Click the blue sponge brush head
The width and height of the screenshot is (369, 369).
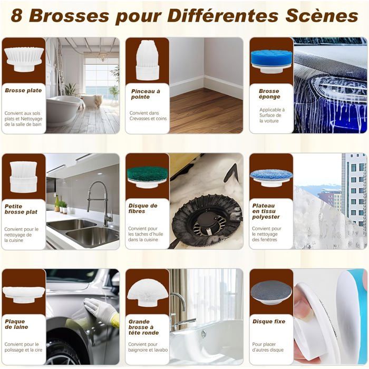click(271, 61)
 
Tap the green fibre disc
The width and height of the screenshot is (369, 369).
click(147, 177)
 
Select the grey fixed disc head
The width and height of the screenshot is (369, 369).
click(271, 293)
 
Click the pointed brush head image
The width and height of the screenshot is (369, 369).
click(148, 60)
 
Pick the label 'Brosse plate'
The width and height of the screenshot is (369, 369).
click(23, 90)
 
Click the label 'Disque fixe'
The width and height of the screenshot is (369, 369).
click(269, 322)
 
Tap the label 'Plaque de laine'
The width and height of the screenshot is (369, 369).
click(16, 324)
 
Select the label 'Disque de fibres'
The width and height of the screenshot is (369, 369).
click(143, 208)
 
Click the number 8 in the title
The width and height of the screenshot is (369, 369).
click(17, 16)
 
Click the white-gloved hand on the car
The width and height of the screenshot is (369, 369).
click(101, 310)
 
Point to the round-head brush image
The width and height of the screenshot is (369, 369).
click(148, 293)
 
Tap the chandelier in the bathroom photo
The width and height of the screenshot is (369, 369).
click(102, 56)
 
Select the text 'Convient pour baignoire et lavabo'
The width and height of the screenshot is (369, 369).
click(148, 347)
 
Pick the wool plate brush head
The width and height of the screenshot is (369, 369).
click(24, 294)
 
